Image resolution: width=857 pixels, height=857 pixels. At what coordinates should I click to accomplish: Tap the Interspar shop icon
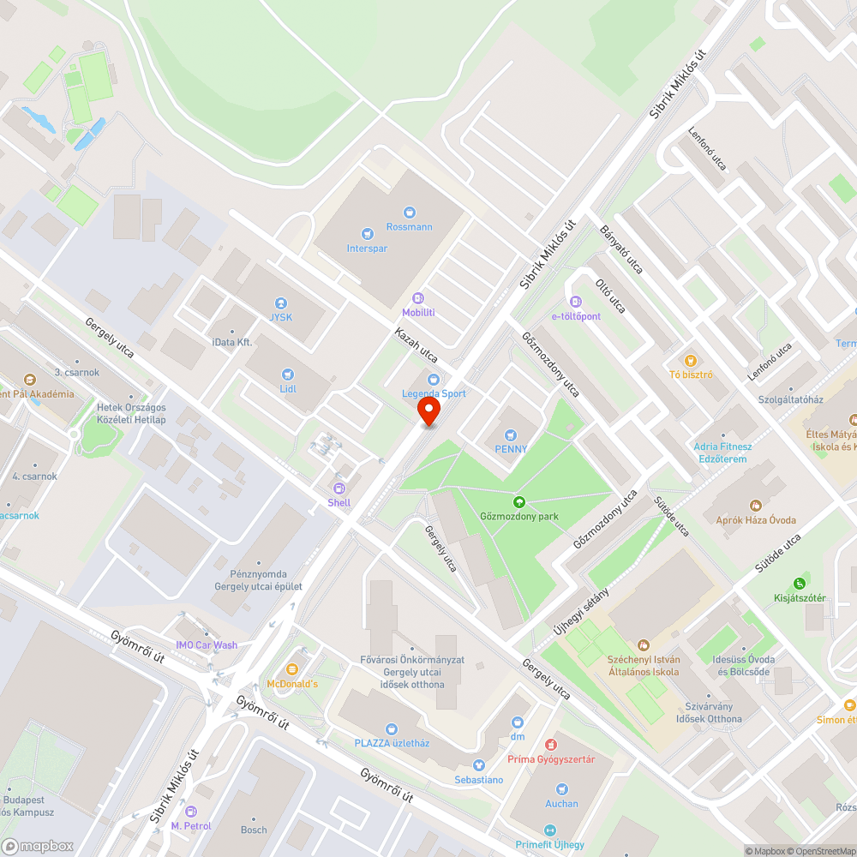368,233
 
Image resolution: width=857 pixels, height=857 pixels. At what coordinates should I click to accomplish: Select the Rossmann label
410,227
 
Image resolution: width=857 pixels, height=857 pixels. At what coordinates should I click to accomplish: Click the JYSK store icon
280,303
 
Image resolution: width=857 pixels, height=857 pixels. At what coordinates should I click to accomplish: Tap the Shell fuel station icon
339,488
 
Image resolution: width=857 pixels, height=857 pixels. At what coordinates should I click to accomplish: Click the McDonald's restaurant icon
292,668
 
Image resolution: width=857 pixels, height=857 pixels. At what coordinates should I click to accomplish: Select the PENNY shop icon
512,434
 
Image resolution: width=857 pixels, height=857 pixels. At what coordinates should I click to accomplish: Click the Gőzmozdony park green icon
518,501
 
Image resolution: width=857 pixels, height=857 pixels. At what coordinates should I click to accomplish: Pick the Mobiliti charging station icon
418,298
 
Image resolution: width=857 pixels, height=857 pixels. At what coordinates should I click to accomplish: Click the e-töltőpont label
576,316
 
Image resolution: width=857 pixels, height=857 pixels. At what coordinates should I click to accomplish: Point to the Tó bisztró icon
690,360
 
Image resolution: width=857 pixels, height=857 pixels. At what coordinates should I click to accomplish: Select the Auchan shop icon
562,789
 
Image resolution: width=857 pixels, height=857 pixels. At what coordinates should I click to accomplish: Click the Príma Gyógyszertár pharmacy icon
551,744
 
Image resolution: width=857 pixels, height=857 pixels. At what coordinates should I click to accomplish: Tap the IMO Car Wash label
207,645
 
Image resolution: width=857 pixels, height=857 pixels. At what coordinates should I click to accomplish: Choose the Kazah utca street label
417,345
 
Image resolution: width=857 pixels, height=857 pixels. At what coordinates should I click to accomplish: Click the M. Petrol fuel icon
190,811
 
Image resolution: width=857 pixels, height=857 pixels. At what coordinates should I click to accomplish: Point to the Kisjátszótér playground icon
800,583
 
